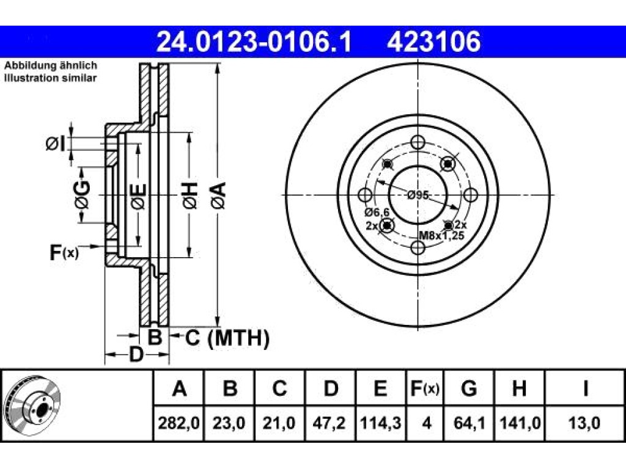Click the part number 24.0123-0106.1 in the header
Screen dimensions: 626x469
coord(254,42)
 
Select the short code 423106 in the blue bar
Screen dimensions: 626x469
coord(433,42)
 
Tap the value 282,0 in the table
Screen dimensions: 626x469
coord(179,423)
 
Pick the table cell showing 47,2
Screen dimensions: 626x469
coord(329,423)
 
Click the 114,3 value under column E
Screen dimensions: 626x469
coord(380,423)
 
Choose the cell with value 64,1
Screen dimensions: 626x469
coord(469,423)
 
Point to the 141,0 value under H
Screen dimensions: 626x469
coord(520,423)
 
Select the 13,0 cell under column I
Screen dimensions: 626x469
coord(584,423)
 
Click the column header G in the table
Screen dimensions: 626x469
coord(469,388)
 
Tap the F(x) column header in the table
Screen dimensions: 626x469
coord(425,388)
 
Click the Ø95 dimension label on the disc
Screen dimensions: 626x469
coord(418,195)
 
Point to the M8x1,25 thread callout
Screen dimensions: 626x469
coord(441,236)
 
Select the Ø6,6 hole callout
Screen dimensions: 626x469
coord(377,213)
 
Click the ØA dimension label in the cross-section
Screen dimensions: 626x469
coord(219,195)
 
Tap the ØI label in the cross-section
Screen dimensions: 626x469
coord(55,144)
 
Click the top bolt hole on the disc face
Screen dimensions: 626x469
coord(418,142)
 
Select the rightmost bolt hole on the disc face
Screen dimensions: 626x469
coord(470,195)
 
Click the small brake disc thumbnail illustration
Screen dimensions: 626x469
coord(32,405)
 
